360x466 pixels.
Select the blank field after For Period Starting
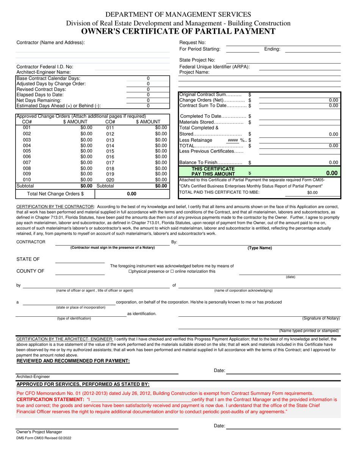[243, 49]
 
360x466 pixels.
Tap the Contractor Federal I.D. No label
[45, 67]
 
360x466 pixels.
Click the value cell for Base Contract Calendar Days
[148, 78]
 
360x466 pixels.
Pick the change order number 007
[27, 163]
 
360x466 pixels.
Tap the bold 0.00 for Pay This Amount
[332, 173]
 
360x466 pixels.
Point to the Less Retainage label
[194, 140]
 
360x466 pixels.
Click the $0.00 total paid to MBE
[312, 193]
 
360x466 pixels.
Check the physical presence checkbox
[130, 272]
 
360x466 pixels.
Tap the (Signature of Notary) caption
[321, 318]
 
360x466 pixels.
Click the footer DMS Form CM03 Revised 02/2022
[43, 438]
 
